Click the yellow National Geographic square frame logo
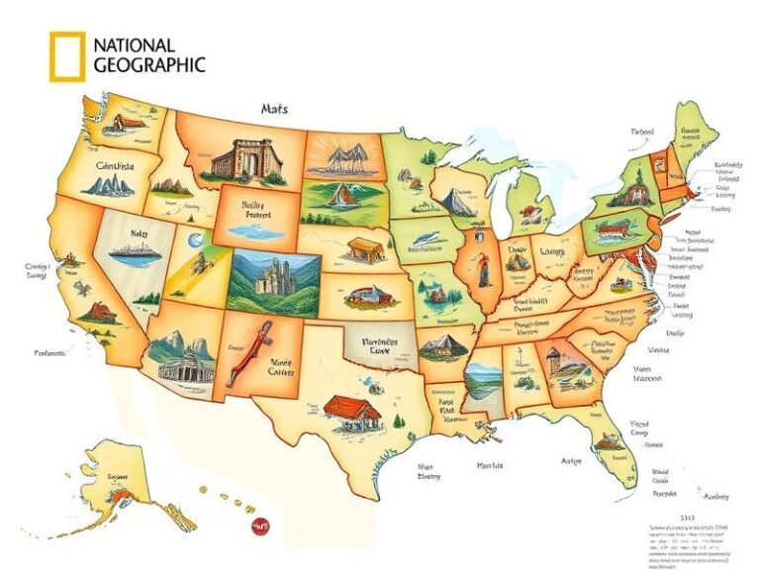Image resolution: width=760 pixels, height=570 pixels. click(x=66, y=55)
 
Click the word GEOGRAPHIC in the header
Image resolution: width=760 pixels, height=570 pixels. click(x=149, y=65)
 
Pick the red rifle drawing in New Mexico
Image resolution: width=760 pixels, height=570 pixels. click(x=244, y=356)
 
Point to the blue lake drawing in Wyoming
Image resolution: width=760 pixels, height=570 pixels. click(x=252, y=231)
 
